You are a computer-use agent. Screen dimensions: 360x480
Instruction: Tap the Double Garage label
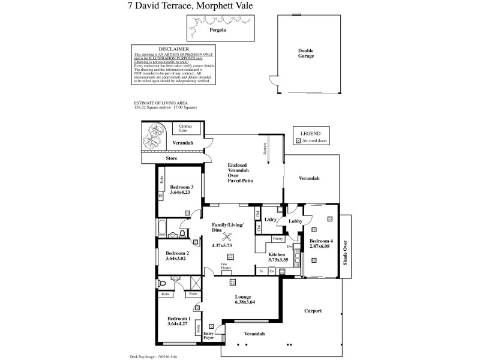tap(306, 54)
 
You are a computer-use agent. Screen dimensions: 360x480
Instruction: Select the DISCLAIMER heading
tap(174, 49)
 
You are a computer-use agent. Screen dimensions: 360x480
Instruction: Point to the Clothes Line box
tap(186, 129)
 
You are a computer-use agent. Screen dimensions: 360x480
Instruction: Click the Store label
tap(172, 159)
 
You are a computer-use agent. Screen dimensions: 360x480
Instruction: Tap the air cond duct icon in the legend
tap(298, 140)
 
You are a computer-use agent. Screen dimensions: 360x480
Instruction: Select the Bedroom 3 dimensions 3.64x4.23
tap(180, 193)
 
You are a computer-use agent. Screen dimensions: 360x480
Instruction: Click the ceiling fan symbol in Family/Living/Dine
tap(227, 236)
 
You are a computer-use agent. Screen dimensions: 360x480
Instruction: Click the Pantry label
tap(278, 239)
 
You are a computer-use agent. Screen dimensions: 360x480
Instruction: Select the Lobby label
tap(295, 221)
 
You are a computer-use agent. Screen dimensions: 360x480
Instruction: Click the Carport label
tap(313, 311)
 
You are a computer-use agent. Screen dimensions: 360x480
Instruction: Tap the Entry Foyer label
tap(209, 335)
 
